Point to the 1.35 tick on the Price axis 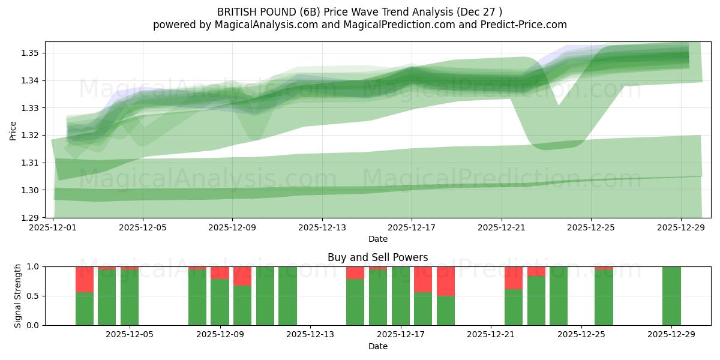(x=30, y=53)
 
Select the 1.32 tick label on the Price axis (x=30, y=135)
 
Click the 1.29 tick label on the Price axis (x=30, y=218)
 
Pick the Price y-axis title (x=13, y=130)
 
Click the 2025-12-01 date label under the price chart (x=53, y=227)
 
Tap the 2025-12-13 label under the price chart (x=322, y=227)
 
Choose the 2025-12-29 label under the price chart (x=680, y=227)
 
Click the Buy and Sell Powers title (x=378, y=257)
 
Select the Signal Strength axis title (x=18, y=296)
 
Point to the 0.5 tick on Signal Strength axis (x=34, y=296)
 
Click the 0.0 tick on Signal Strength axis (x=34, y=325)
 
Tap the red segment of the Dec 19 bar (x=446, y=281)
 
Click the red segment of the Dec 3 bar (x=85, y=279)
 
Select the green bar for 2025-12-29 (x=671, y=296)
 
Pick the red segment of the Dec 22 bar (x=514, y=278)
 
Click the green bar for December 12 (x=288, y=296)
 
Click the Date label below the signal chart (x=378, y=346)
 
